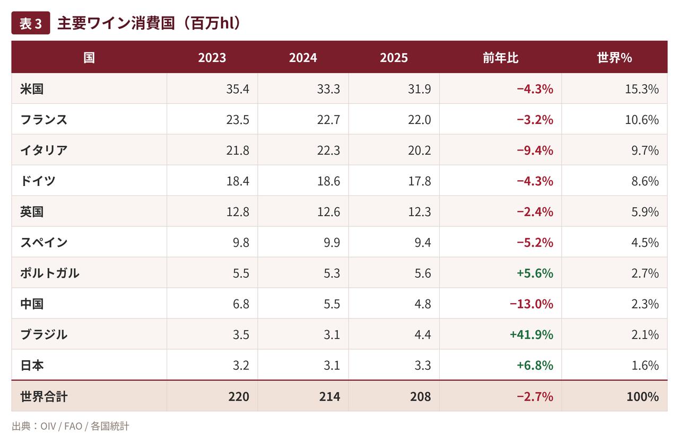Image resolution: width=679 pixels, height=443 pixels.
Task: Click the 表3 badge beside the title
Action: click(31, 23)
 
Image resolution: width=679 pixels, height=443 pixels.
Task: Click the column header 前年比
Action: click(500, 58)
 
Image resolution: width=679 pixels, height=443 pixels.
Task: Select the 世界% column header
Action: click(614, 58)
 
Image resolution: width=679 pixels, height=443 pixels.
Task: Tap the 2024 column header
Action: click(303, 58)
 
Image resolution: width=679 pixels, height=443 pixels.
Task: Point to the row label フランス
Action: click(43, 119)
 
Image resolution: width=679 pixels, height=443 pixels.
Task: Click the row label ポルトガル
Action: click(50, 273)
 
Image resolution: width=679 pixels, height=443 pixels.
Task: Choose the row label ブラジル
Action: click(43, 334)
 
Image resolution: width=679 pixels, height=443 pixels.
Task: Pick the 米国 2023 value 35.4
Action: click(238, 89)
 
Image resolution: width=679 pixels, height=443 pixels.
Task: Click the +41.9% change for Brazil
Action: click(532, 334)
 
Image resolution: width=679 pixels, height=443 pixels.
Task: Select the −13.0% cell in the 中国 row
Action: click(532, 304)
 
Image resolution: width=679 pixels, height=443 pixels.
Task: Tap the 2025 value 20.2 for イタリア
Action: click(419, 150)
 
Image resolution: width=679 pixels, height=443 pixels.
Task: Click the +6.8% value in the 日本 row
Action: click(535, 365)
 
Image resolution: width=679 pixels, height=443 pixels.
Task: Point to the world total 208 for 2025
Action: click(421, 396)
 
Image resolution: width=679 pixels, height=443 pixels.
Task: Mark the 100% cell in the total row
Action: click(642, 396)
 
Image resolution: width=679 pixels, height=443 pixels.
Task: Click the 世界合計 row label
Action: click(43, 396)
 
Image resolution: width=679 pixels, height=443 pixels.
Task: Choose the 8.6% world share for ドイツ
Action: click(645, 181)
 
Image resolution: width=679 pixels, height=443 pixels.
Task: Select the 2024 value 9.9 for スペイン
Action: click(332, 242)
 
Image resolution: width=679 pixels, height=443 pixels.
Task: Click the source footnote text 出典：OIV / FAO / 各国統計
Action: click(71, 426)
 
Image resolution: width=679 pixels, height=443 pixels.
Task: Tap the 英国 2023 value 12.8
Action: click(238, 211)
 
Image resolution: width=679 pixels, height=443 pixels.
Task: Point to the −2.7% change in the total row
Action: click(535, 396)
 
